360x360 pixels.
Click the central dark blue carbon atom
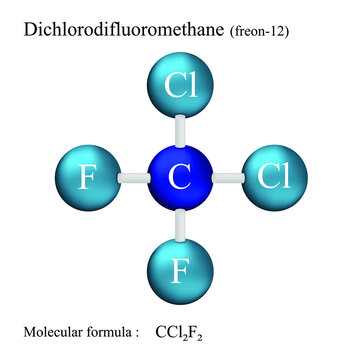point(180,177)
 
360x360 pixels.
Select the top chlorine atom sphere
point(180,86)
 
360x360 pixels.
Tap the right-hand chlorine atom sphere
point(272,177)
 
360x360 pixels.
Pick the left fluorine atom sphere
point(88,177)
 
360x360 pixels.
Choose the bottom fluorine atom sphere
point(180,269)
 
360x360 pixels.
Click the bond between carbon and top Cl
point(180,131)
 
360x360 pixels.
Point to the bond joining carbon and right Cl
point(227,177)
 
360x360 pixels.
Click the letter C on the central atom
point(180,178)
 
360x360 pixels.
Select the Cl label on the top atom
point(181,86)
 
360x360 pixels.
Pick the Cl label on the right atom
point(273,177)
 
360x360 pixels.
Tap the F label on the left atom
point(88,178)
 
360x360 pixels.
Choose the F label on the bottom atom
point(180,270)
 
